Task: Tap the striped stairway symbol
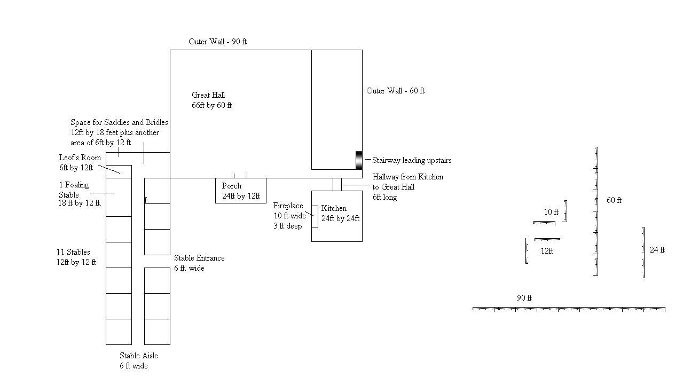coord(359,160)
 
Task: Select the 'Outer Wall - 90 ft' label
coord(217,42)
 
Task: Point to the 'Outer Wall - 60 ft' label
coord(395,91)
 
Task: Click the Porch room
coord(240,191)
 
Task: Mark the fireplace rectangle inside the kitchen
coord(315,216)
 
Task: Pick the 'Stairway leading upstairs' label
coord(412,160)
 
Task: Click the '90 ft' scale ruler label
coord(524,298)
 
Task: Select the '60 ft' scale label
coord(614,200)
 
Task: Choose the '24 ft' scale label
coord(657,249)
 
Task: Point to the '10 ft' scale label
coord(551,212)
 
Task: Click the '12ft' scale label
coord(547,250)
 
